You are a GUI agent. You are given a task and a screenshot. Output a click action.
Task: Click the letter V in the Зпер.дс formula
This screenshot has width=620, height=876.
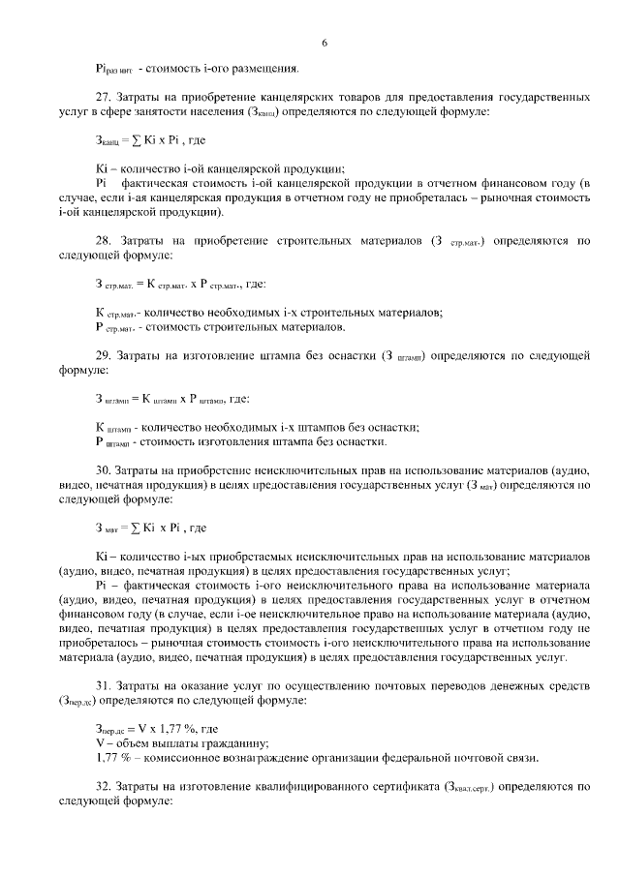[x=140, y=728]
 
